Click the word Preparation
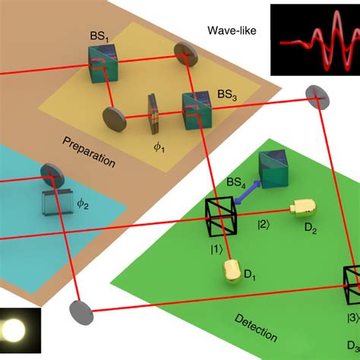point(89,150)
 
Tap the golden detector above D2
point(302,207)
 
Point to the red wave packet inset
point(314,36)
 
